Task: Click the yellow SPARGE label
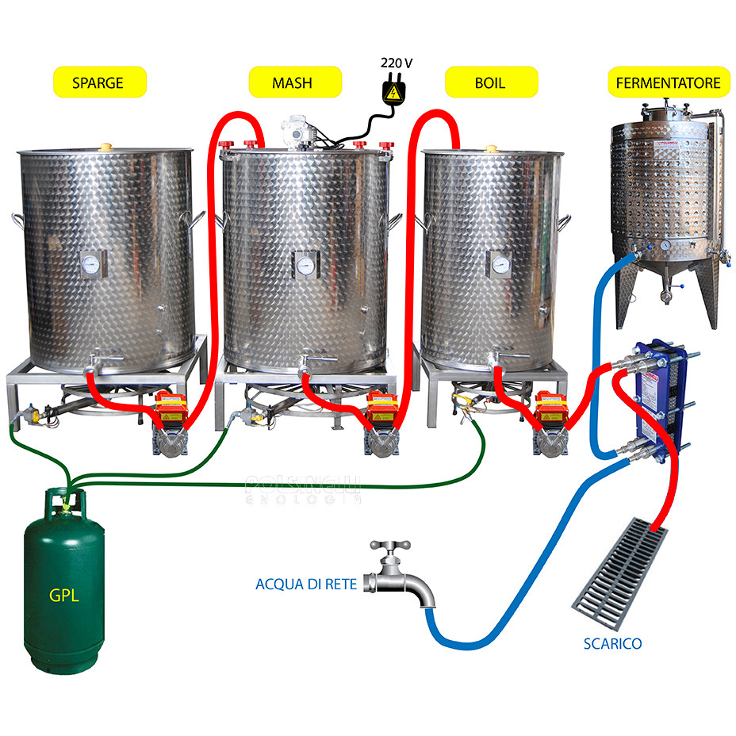pos(98,82)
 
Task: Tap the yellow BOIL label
pos(490,82)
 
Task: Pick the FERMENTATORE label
pos(668,82)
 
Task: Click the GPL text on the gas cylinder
pos(64,595)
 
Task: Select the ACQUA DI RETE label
pos(305,585)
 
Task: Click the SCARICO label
pos(612,644)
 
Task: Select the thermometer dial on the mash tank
pos(302,263)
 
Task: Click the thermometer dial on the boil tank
pos(499,265)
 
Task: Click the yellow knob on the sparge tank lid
pos(105,147)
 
